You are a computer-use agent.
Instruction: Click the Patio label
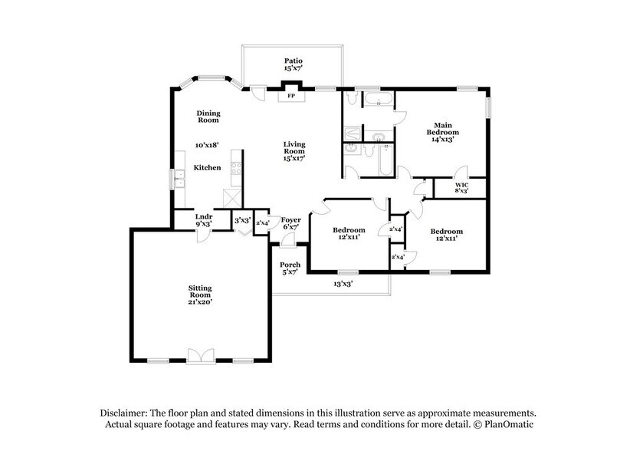pyautogui.click(x=293, y=64)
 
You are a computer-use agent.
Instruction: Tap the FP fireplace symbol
pyautogui.click(x=291, y=97)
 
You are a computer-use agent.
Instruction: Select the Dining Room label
pyautogui.click(x=208, y=117)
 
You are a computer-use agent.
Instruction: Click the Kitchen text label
pyautogui.click(x=207, y=167)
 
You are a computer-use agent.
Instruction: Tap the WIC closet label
pyautogui.click(x=461, y=189)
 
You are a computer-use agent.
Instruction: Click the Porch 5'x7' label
pyautogui.click(x=290, y=269)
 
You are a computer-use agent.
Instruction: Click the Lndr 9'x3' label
pyautogui.click(x=203, y=221)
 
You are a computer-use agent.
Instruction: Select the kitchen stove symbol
pyautogui.click(x=236, y=169)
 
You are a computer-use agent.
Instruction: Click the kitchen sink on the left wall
pyautogui.click(x=179, y=180)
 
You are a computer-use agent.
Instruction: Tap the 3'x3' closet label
pyautogui.click(x=242, y=220)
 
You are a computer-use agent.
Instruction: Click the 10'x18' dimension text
pyautogui.click(x=207, y=144)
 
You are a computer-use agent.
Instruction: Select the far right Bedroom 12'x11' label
pyautogui.click(x=446, y=235)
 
